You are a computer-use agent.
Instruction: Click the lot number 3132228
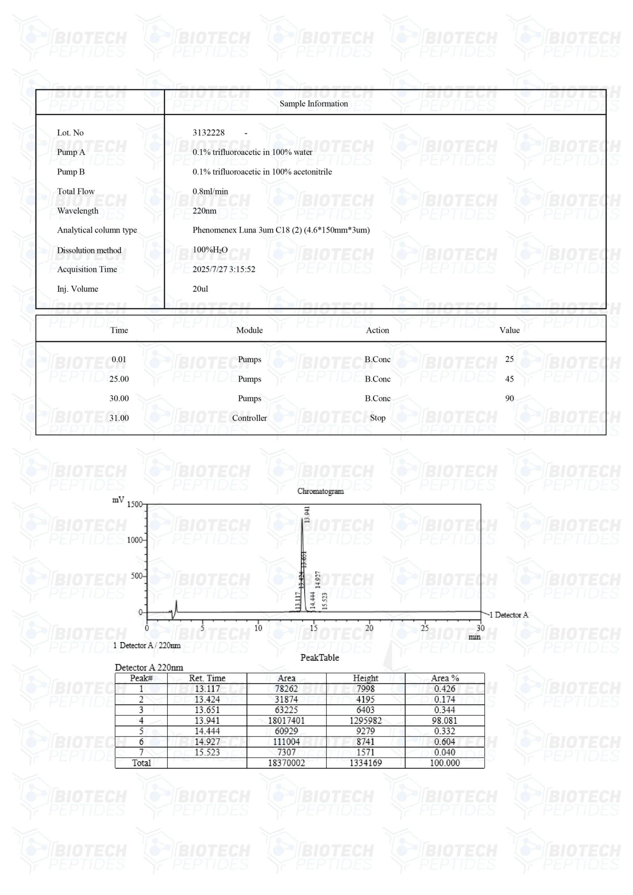click(x=209, y=133)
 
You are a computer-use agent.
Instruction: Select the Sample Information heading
click(x=314, y=104)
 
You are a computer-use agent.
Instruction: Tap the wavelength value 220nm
click(x=204, y=211)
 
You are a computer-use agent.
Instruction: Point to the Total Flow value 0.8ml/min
click(x=210, y=191)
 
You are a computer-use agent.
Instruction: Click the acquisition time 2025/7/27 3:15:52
click(x=224, y=269)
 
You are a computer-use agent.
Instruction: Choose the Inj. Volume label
click(x=78, y=289)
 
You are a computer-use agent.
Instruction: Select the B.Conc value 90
click(x=509, y=399)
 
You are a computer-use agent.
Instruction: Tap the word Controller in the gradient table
click(x=249, y=418)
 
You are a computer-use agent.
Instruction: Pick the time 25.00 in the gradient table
click(x=119, y=379)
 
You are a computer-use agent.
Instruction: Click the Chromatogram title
click(x=320, y=491)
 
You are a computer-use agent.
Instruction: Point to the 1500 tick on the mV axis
click(x=135, y=504)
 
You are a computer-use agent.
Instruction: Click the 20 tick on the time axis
click(x=369, y=628)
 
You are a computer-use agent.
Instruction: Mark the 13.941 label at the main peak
click(x=307, y=515)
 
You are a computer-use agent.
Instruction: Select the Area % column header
click(x=444, y=678)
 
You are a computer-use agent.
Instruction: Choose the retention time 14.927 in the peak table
click(x=207, y=742)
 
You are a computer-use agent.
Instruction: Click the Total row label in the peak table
click(x=141, y=763)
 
